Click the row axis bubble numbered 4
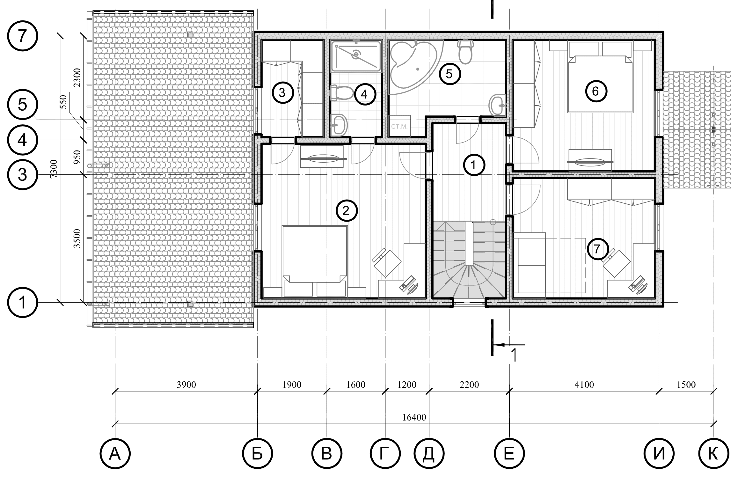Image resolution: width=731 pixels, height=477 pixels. pyautogui.click(x=22, y=140)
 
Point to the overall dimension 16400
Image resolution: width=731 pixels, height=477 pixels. pyautogui.click(x=414, y=417)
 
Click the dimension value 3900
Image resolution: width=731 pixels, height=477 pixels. pyautogui.click(x=186, y=385)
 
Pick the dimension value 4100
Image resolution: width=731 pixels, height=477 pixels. pyautogui.click(x=584, y=385)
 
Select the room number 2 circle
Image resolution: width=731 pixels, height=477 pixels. pyautogui.click(x=346, y=210)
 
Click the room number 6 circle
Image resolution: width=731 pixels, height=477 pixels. pyautogui.click(x=595, y=92)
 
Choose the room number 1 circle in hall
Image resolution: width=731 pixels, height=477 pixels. pyautogui.click(x=474, y=165)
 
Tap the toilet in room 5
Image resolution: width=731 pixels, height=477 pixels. pyautogui.click(x=465, y=51)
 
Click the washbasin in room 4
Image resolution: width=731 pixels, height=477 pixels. pyautogui.click(x=338, y=124)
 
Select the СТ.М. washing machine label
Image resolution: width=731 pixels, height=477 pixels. pyautogui.click(x=399, y=127)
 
